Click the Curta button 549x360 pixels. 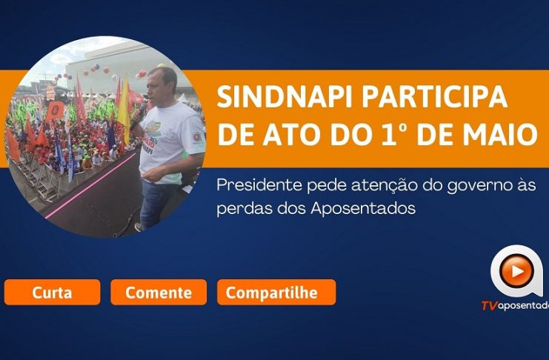click(x=52, y=292)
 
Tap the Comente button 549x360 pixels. click(x=159, y=292)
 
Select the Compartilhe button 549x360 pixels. click(x=276, y=292)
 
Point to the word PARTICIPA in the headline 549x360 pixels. click(x=434, y=96)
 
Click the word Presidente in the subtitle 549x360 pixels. click(x=259, y=185)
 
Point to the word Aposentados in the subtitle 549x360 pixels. click(x=363, y=209)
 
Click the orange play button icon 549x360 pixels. click(x=516, y=270)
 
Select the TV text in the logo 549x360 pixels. click(x=489, y=306)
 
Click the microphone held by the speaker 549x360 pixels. click(x=139, y=116)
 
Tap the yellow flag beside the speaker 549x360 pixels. click(x=124, y=110)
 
